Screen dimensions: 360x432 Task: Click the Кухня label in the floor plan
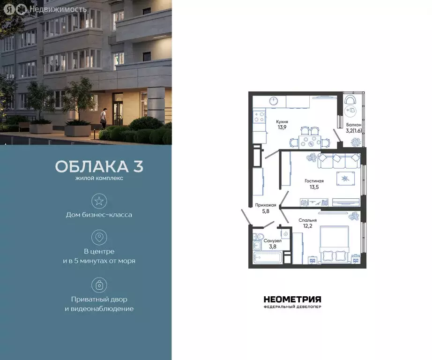(282, 121)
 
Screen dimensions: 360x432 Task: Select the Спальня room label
(307, 220)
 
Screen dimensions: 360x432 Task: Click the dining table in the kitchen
(309, 141)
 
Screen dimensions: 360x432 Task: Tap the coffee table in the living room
(345, 178)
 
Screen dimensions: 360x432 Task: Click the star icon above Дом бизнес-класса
(99, 202)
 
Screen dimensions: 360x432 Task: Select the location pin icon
(99, 237)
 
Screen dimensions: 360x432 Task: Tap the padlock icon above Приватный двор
(99, 285)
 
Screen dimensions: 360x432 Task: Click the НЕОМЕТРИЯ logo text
(292, 299)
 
